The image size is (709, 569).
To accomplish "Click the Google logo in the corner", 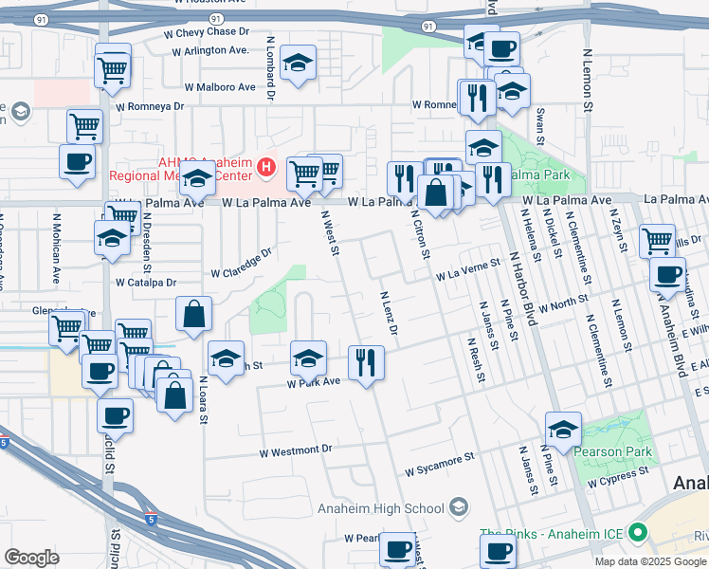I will coord(32,558).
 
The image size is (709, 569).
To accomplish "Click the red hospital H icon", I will coord(267,170).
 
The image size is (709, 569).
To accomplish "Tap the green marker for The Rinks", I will coord(637,533).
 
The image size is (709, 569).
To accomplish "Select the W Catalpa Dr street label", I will coord(146,283).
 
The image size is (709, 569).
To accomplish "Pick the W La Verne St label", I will coord(467,272).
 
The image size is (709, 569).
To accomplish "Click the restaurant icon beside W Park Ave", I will coord(366,362).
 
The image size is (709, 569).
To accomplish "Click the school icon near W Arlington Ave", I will coord(299,64).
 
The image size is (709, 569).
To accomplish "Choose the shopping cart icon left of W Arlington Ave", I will coord(114,68).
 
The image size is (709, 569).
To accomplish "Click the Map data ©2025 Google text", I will coord(650,560).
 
